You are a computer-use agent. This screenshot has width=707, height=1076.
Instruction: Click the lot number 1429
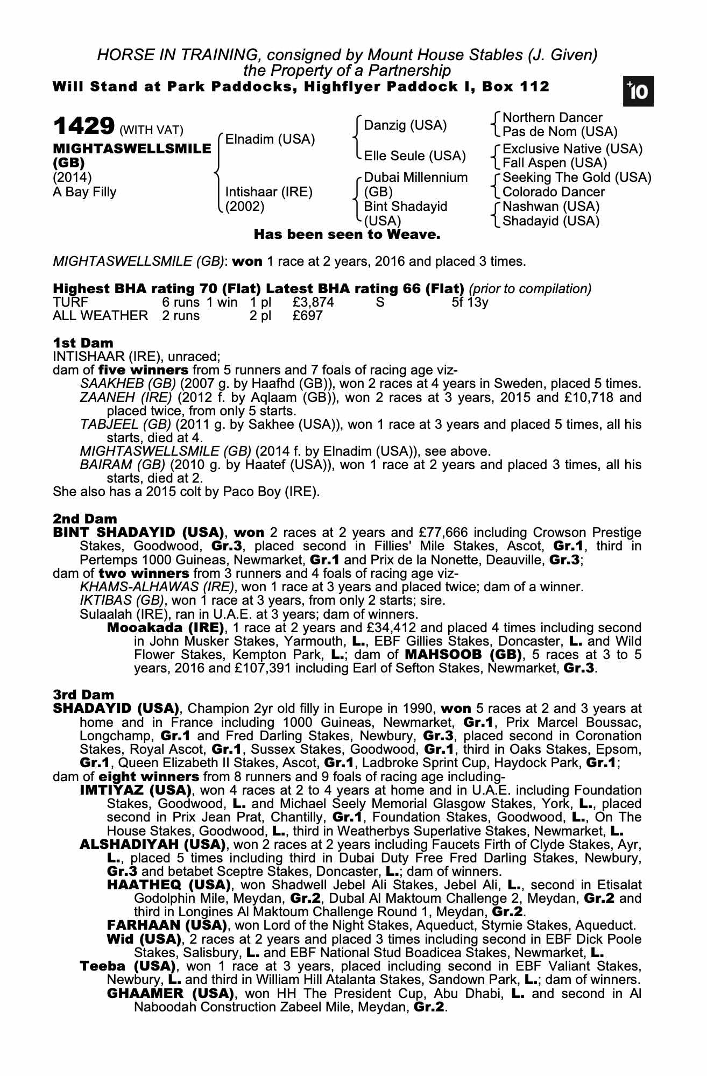pyautogui.click(x=83, y=126)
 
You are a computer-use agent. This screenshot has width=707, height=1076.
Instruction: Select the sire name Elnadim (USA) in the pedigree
pyautogui.click(x=270, y=139)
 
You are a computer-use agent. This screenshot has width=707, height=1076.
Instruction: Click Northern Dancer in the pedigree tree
pyautogui.click(x=552, y=118)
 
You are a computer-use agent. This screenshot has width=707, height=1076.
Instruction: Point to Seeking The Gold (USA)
pyautogui.click(x=576, y=178)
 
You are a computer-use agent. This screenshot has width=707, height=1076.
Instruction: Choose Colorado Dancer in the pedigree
pyautogui.click(x=553, y=192)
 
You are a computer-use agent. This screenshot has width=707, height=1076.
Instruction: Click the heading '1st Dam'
pyautogui.click(x=83, y=343)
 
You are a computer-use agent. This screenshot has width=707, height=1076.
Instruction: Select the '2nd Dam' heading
pyautogui.click(x=84, y=519)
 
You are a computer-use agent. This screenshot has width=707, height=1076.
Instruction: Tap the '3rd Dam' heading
pyautogui.click(x=83, y=695)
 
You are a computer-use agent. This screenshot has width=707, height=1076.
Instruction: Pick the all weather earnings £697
pyautogui.click(x=307, y=316)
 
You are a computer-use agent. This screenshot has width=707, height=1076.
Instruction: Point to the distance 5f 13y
pyautogui.click(x=470, y=302)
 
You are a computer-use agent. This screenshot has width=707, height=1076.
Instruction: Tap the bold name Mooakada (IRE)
pyautogui.click(x=166, y=628)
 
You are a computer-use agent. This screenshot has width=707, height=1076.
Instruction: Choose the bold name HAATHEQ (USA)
pyautogui.click(x=169, y=885)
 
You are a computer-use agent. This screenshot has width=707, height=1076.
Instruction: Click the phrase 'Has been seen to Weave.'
pyautogui.click(x=347, y=235)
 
